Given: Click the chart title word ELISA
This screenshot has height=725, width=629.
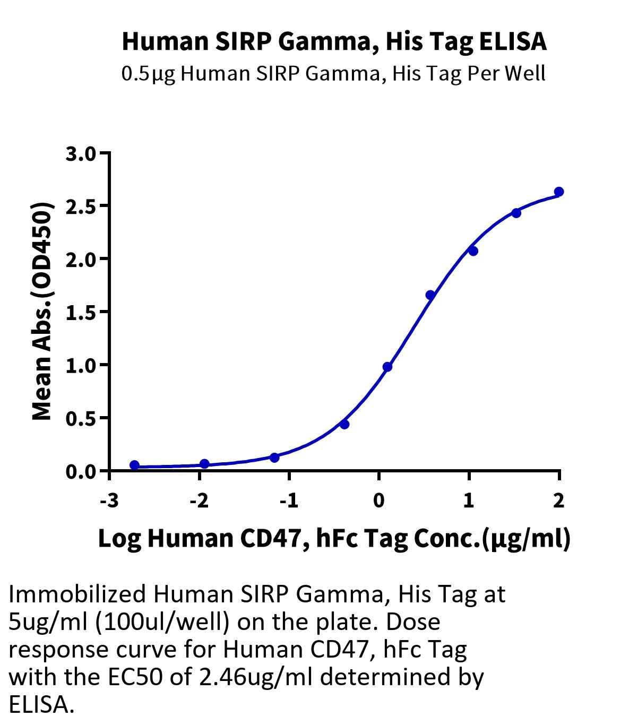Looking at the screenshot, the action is coord(512,41).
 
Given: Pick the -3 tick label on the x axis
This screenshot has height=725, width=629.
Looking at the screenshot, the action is coord(109,500).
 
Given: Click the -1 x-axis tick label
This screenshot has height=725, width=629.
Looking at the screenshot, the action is coord(289,500).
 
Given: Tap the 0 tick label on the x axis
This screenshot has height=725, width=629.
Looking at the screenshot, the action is coord(379,500).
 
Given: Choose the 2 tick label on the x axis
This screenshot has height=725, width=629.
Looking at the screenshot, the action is coord(558,500).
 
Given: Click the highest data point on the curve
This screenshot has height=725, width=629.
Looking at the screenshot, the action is coord(559,192).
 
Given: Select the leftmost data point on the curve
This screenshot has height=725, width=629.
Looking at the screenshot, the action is coord(134,465).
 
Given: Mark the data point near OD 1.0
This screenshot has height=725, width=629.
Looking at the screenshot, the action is coord(387,367).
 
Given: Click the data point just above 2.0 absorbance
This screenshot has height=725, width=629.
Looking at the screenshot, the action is coord(473,251).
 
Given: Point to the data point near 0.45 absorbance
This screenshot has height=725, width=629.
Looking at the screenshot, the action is coord(344,424).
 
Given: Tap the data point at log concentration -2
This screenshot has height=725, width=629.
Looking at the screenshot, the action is coord(204,463).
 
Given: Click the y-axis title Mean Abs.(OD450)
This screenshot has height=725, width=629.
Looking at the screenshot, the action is coord(42,312).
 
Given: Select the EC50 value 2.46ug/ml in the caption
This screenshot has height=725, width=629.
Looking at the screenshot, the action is coord(255,677).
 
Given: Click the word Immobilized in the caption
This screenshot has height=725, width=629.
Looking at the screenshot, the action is coord(77,594).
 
